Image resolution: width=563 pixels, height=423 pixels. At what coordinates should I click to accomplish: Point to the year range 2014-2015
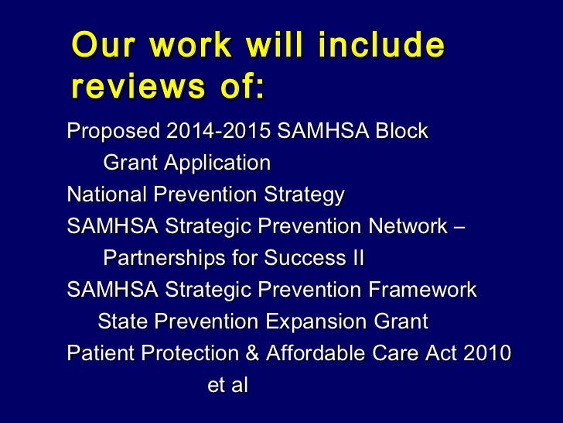tap(214, 131)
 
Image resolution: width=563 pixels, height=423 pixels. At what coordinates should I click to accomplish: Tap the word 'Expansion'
tap(317, 321)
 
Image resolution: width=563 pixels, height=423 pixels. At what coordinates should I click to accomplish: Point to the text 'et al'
tap(227, 385)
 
